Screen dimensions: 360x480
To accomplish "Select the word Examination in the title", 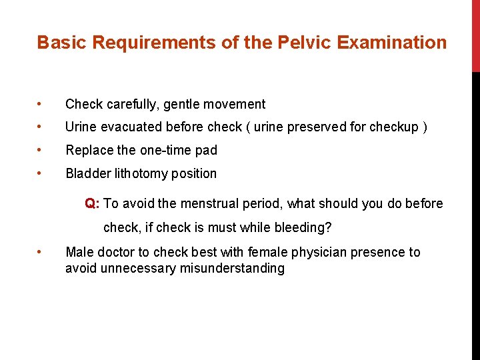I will (x=391, y=43).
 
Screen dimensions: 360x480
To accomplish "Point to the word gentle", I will (x=185, y=104).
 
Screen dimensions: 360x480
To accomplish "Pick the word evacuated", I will (x=132, y=127).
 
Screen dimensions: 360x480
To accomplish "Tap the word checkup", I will (x=397, y=127).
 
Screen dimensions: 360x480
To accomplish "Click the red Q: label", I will (x=92, y=203).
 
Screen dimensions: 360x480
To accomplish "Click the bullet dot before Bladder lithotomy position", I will (x=41, y=173).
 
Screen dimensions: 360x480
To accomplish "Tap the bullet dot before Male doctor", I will (x=41, y=252).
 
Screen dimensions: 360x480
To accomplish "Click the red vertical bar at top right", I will (x=475, y=36).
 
